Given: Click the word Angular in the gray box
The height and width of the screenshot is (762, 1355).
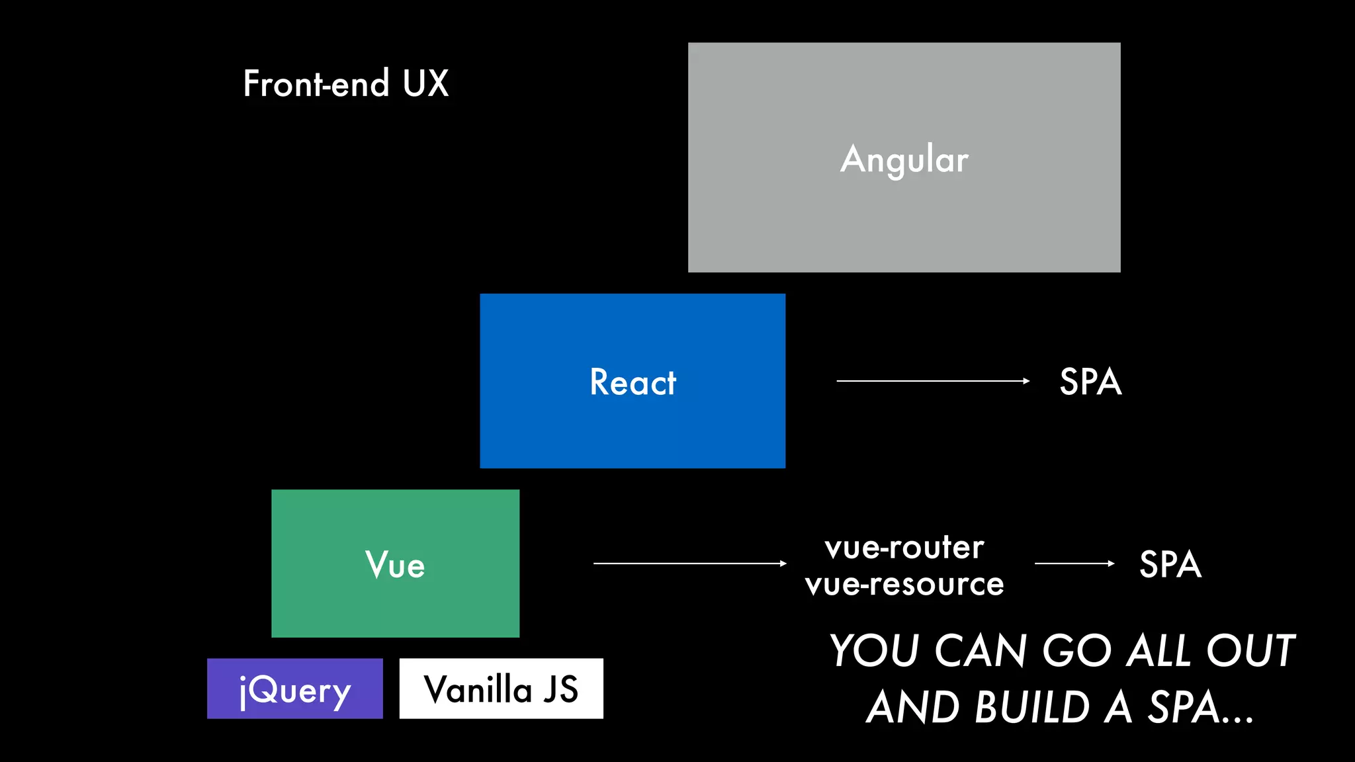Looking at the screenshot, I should coord(904,159).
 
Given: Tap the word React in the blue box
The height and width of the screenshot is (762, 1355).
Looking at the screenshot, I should coord(633,382).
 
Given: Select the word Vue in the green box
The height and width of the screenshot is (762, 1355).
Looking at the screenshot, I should coord(395,565).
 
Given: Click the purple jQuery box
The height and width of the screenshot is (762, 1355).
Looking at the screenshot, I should coord(294,689).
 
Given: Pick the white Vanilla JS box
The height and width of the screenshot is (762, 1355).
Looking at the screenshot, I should coord(501,689).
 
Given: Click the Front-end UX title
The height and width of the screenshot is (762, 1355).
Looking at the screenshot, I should coord(345,84).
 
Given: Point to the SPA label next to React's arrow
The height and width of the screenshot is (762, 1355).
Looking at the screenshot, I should coord(1090,382).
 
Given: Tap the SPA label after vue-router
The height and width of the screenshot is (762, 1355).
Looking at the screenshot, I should coord(1170,564).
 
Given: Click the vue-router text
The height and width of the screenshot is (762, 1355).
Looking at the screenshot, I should coord(904,548).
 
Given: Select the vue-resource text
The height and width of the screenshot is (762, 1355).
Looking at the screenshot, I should coord(904,584).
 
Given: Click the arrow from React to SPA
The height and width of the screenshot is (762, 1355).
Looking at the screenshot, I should coord(933,381).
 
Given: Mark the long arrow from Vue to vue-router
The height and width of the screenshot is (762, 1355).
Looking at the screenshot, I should coord(689,564).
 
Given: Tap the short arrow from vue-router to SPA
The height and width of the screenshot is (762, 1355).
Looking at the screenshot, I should coord(1074,564).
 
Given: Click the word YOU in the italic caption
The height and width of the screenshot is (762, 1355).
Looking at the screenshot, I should coord(875,651).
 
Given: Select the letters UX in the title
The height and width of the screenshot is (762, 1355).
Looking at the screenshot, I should coord(425,84).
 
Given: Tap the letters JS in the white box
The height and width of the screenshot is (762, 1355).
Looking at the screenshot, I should coord(560,689).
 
